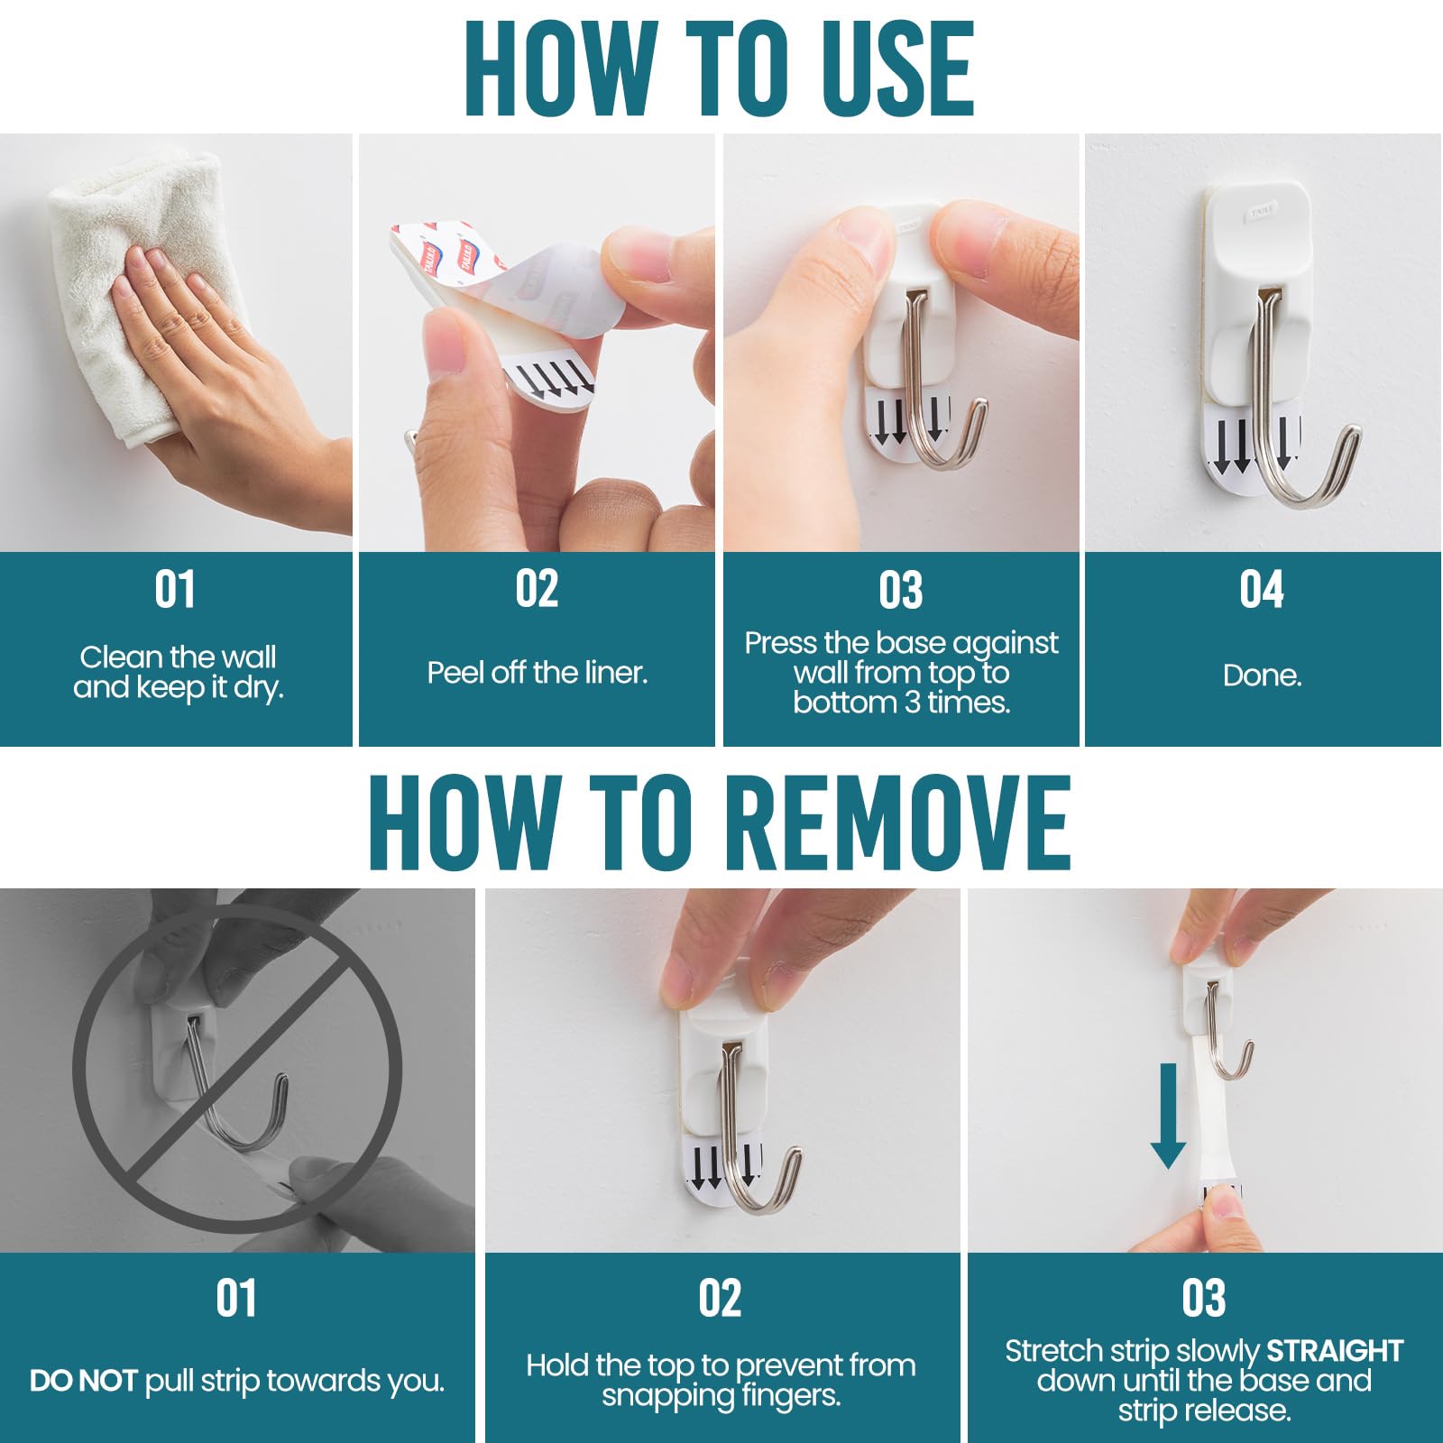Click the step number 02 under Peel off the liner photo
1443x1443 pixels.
click(x=537, y=589)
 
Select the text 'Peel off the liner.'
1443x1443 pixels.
click(x=538, y=673)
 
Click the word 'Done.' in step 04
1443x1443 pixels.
click(x=1262, y=676)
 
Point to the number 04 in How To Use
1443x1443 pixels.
click(x=1261, y=589)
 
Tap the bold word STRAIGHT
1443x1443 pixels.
click(x=1335, y=1350)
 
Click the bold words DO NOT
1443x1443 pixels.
click(x=83, y=1381)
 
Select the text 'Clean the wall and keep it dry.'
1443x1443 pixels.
click(x=179, y=672)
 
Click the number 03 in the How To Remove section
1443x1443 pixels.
click(x=1203, y=1299)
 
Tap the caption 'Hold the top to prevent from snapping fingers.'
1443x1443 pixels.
click(x=721, y=1380)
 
